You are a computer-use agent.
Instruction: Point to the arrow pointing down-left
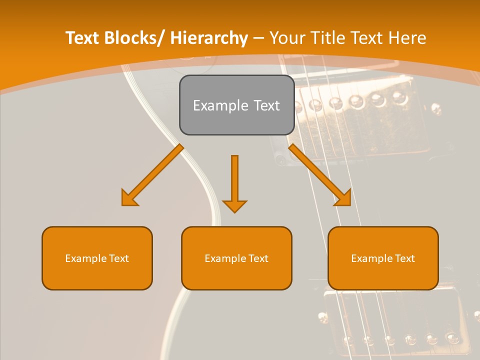(x=152, y=175)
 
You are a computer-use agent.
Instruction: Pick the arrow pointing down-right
(x=320, y=175)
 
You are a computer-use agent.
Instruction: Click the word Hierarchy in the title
(x=209, y=38)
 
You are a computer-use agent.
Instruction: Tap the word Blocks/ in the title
(x=132, y=38)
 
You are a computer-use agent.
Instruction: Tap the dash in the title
(x=258, y=38)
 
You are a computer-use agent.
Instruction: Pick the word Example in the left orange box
(x=86, y=258)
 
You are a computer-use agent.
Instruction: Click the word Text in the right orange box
(x=404, y=258)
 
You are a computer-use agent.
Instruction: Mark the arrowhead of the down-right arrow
(x=344, y=199)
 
